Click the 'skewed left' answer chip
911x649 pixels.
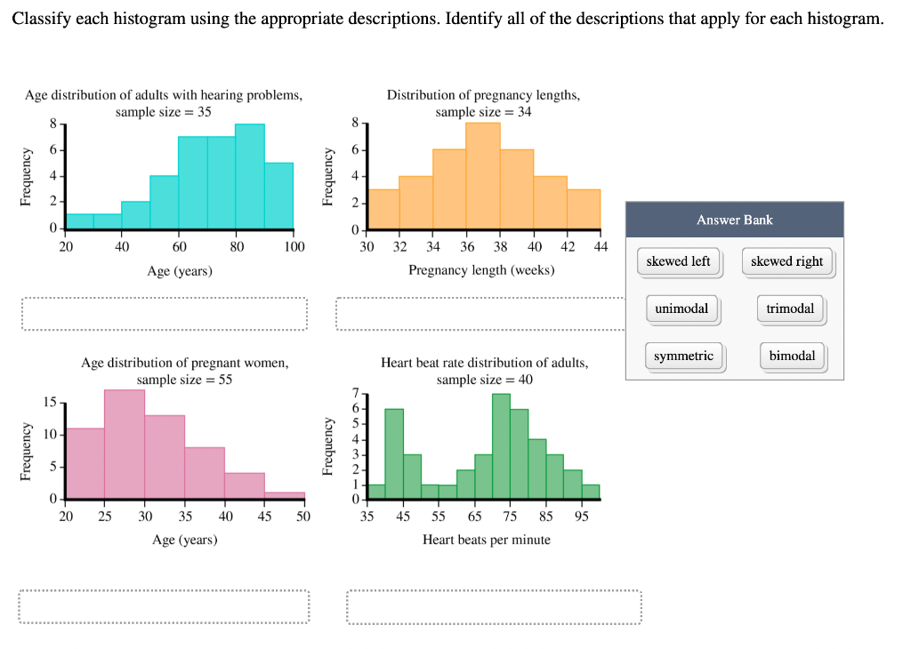pos(678,261)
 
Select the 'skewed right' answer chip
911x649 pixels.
pos(786,261)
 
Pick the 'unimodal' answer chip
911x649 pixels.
pos(681,308)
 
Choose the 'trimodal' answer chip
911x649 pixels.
pos(790,308)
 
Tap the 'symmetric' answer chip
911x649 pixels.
pos(683,356)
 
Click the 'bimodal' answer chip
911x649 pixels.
pos(792,356)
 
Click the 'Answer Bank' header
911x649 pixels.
pos(734,220)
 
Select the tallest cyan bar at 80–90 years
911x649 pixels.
pos(250,176)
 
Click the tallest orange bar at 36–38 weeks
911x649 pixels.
pos(483,175)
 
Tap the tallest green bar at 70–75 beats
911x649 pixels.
pos(501,445)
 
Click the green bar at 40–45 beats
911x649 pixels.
pos(394,453)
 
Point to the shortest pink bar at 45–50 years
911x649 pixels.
pos(285,495)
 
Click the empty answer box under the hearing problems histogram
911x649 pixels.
pos(165,315)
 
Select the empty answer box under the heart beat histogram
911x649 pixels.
pos(494,607)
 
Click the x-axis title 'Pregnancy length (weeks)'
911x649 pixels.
pos(481,269)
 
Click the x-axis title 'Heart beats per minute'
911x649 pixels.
pos(486,540)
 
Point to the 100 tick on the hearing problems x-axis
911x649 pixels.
pos(294,246)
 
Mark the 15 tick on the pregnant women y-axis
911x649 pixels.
pos(50,403)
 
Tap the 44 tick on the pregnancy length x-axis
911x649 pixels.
pos(600,246)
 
